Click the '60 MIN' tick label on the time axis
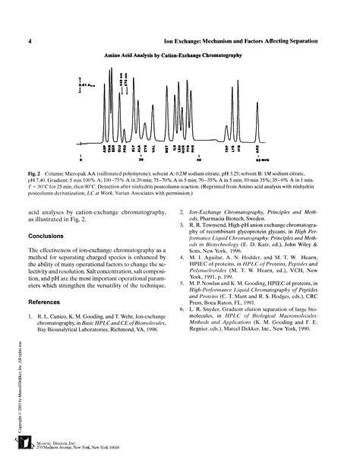(261, 160)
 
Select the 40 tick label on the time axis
(200, 160)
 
